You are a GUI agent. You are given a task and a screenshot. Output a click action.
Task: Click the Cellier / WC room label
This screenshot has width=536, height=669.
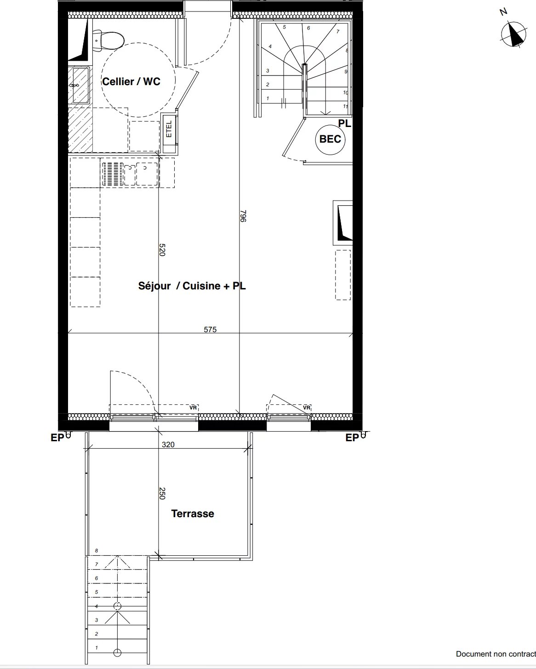(x=131, y=81)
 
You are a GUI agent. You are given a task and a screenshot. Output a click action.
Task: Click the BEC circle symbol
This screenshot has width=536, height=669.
(x=330, y=139)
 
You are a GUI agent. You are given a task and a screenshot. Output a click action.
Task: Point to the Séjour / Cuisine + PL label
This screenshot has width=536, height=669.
(x=192, y=286)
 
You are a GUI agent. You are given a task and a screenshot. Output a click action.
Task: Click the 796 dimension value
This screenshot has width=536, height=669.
(x=243, y=216)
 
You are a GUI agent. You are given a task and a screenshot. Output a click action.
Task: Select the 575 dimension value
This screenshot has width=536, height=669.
(x=210, y=329)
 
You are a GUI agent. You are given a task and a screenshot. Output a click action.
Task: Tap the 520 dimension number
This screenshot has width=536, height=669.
(x=162, y=250)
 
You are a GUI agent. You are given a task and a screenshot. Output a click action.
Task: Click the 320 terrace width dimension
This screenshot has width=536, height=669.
(x=168, y=445)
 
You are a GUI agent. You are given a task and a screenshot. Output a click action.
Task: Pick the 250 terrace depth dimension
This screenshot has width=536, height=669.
(x=162, y=493)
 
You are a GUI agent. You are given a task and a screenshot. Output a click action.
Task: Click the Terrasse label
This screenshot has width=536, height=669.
(x=193, y=513)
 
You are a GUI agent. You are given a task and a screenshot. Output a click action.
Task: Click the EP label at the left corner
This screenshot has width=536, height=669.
(x=57, y=438)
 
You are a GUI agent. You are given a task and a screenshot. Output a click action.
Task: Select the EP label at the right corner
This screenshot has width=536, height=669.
(x=352, y=438)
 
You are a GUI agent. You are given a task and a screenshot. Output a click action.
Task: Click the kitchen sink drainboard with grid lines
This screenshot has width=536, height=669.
(x=113, y=174)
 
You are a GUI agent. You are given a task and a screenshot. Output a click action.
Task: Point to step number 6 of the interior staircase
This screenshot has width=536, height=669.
(x=308, y=28)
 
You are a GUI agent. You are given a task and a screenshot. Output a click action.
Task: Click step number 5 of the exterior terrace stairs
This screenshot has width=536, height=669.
(x=96, y=592)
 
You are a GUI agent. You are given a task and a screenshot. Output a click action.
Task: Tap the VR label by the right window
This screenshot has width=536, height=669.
(x=307, y=408)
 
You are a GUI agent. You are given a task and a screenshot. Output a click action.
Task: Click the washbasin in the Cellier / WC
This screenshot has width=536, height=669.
(x=81, y=86)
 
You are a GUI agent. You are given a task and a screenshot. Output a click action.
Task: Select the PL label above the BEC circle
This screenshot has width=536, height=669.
(x=344, y=123)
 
